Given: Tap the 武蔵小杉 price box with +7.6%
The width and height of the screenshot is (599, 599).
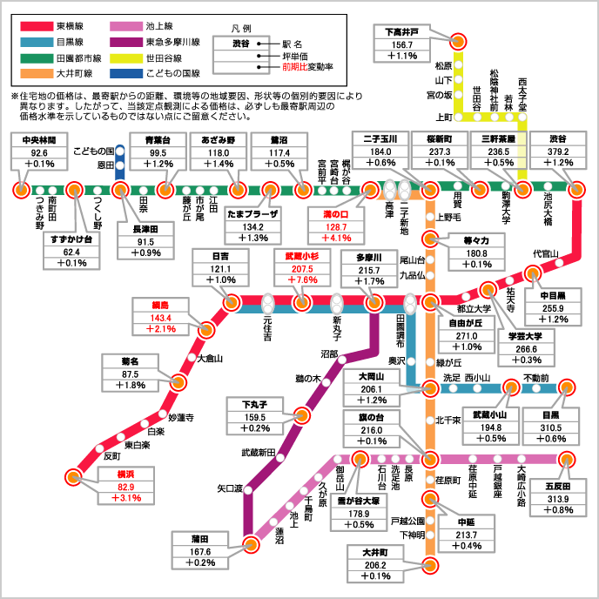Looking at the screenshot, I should tap(300, 268).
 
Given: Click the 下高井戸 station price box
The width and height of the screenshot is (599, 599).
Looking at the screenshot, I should tap(402, 44).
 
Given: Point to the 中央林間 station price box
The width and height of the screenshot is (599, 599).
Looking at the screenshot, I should tap(39, 151).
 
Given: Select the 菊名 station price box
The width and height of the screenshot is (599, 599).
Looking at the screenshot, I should tap(123, 373).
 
